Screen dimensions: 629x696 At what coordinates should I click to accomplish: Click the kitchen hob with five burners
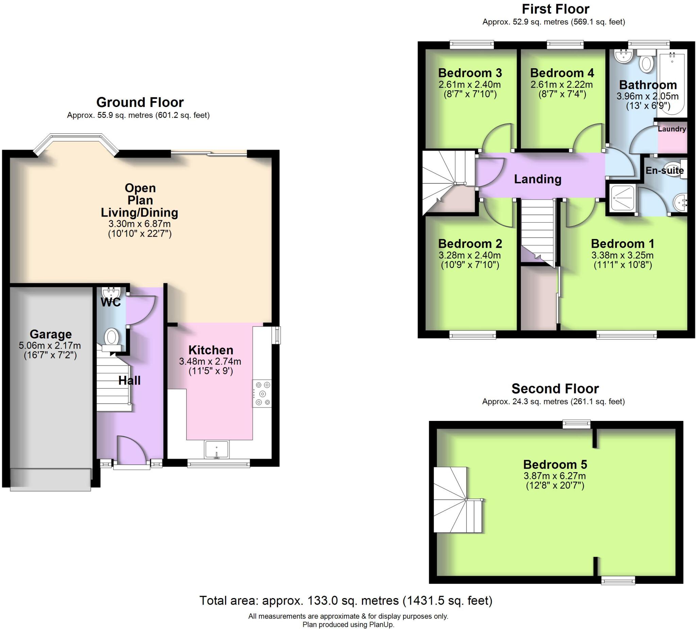(x=262, y=393)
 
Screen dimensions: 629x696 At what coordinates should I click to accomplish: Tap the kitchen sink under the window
(x=216, y=450)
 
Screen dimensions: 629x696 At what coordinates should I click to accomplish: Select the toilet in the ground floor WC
(x=111, y=336)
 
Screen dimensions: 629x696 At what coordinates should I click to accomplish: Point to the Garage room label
(x=51, y=334)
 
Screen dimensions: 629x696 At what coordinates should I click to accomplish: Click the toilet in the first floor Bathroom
(x=646, y=62)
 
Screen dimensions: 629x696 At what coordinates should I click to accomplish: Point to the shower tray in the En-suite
(x=623, y=198)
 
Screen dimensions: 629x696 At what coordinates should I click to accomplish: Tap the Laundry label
(x=672, y=129)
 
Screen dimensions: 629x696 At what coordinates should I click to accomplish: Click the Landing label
(x=538, y=179)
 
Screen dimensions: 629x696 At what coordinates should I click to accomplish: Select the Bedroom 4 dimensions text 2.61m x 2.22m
(x=562, y=85)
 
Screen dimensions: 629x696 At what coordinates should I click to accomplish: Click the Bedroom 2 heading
(x=470, y=243)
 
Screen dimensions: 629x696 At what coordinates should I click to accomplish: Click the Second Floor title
(x=555, y=389)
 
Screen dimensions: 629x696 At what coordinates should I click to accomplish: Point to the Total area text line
(x=346, y=601)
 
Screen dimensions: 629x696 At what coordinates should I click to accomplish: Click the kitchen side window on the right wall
(x=277, y=335)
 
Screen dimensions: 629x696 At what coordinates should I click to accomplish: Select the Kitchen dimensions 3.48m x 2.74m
(x=210, y=362)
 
